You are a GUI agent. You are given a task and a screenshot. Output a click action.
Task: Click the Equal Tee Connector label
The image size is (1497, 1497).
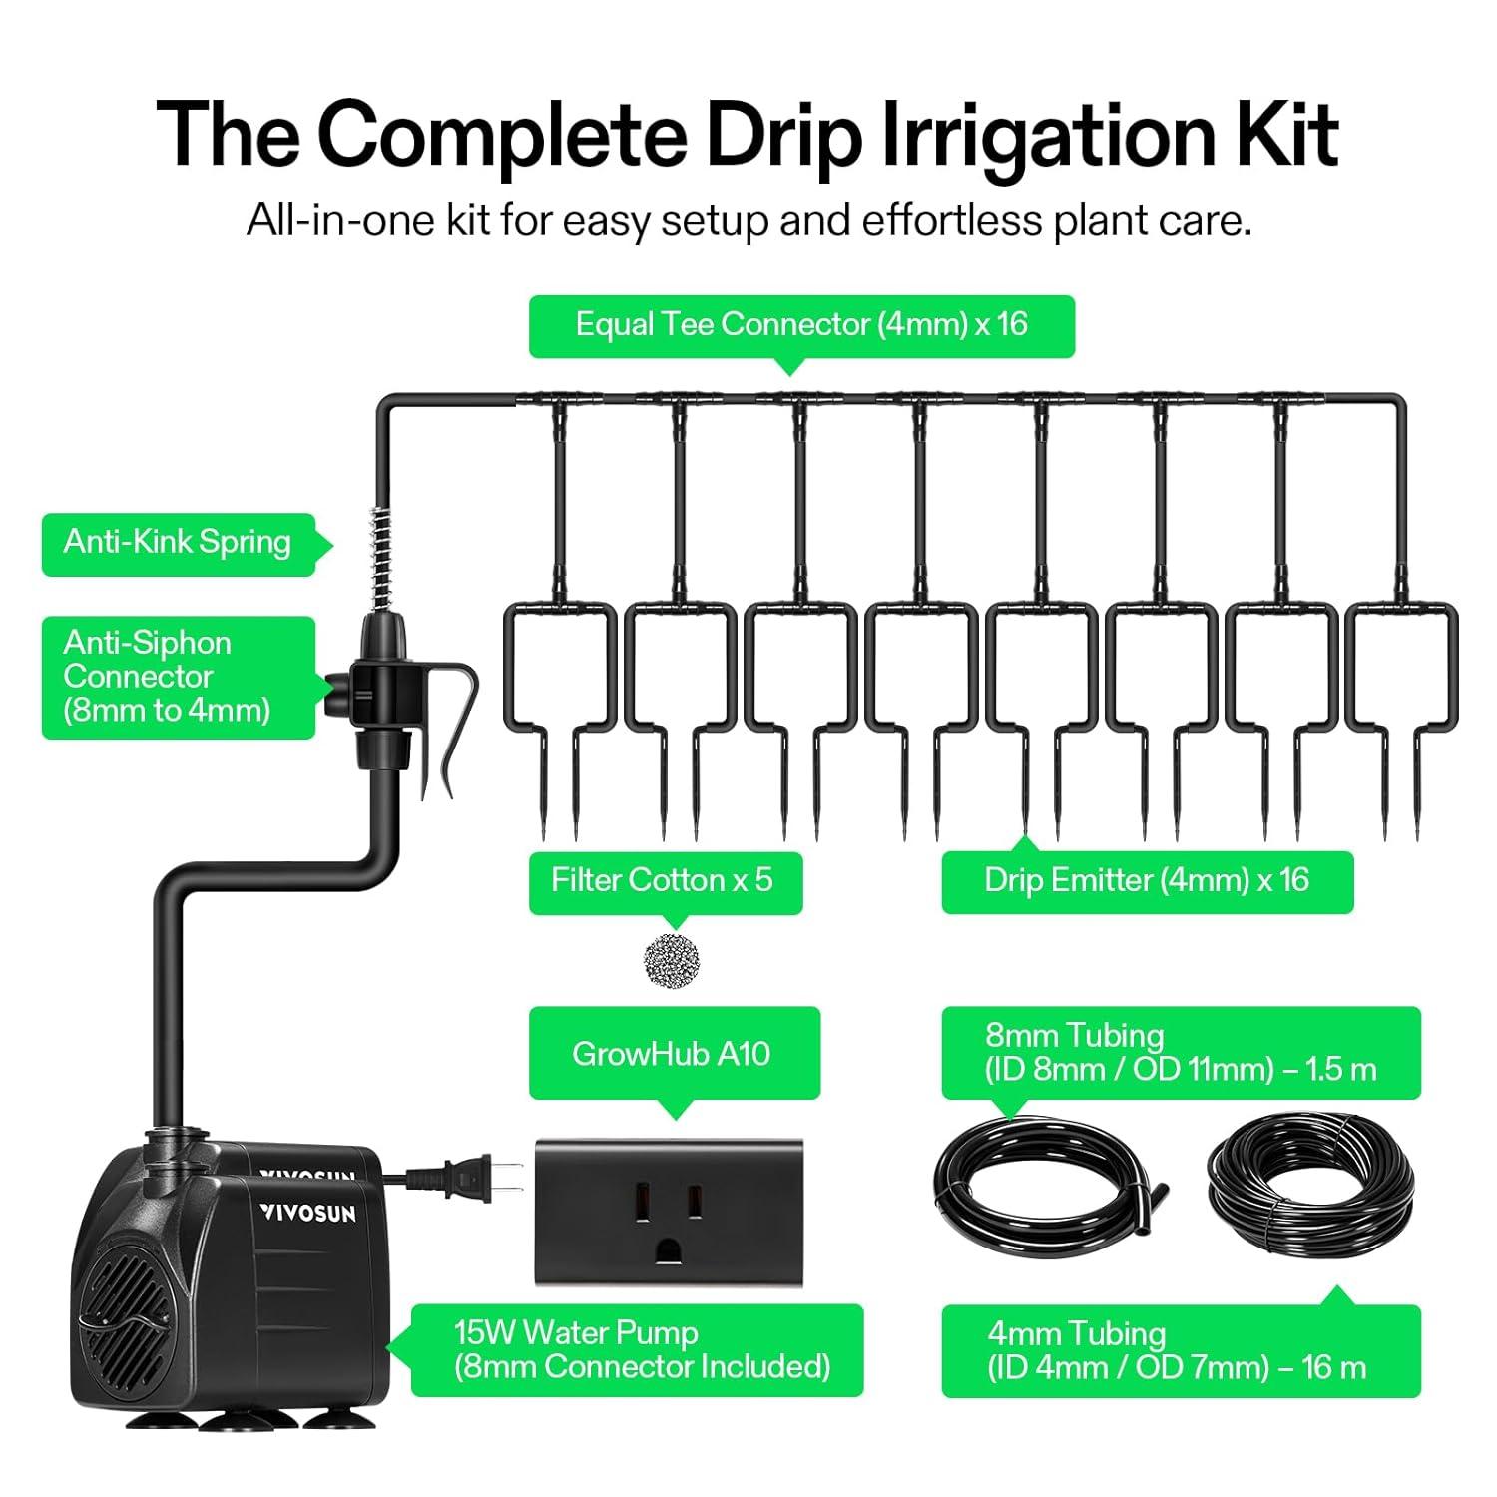pyautogui.click(x=801, y=325)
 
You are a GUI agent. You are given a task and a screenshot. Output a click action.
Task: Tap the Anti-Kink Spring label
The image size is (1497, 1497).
pyautogui.click(x=178, y=543)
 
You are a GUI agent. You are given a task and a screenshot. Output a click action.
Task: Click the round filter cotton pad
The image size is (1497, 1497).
pyautogui.click(x=672, y=961)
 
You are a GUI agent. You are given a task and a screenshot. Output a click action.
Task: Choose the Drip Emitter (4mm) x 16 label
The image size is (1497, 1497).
pyautogui.click(x=1147, y=881)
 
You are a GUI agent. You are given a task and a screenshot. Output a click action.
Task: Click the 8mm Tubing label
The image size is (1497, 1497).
pyautogui.click(x=1181, y=1053)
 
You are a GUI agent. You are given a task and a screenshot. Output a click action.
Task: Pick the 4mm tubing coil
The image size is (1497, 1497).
pyautogui.click(x=1310, y=1177)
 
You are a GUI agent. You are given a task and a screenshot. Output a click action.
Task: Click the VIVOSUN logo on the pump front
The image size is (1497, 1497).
pyautogui.click(x=307, y=1212)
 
